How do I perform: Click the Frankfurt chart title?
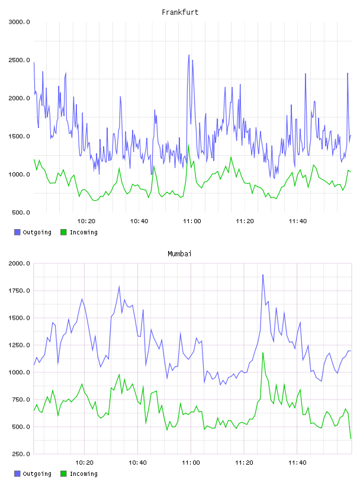coord(180,12)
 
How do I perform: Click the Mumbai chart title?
coord(179,254)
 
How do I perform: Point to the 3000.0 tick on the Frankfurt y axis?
coord(20,22)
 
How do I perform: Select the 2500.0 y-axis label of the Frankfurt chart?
coord(20,60)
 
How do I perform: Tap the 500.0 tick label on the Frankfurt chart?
coord(21,212)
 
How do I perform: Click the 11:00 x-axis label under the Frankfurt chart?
coord(192,221)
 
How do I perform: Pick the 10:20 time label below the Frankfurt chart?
coord(86,221)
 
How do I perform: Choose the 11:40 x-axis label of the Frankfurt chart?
coord(298,221)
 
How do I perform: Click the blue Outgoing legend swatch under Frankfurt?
coord(17,232)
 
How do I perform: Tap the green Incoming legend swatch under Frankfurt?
coord(63,232)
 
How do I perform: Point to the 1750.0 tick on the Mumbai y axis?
coord(20,291)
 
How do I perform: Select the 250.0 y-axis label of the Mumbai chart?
coord(21,454)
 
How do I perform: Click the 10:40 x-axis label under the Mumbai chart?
coord(138,463)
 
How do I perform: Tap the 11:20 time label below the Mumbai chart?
coord(244,463)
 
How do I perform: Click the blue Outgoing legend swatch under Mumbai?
coord(17,474)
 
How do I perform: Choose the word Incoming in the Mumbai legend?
coord(83,474)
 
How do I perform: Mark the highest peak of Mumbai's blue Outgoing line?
coord(263,275)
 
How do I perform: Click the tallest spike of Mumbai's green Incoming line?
coord(263,353)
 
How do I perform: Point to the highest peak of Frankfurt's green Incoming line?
coord(188,146)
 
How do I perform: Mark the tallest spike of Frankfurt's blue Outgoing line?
coord(189,55)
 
